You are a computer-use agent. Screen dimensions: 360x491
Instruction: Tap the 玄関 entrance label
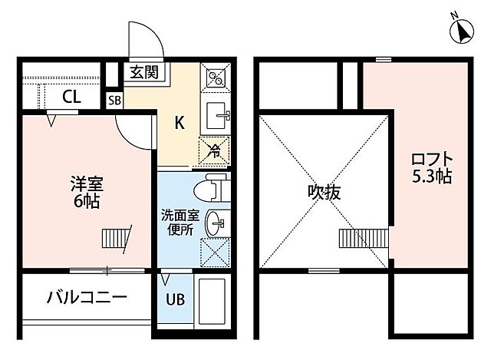pyautogui.click(x=143, y=74)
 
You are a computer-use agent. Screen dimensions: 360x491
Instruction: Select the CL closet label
pyautogui.click(x=71, y=97)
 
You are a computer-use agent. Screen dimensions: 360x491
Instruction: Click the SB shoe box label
pyautogui.click(x=115, y=100)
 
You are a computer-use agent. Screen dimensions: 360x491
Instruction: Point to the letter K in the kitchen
pyautogui.click(x=178, y=122)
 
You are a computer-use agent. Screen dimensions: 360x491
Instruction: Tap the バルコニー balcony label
pyautogui.click(x=85, y=297)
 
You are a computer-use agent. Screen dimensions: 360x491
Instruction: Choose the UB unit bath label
pyautogui.click(x=176, y=299)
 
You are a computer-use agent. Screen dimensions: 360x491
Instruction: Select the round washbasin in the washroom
pyautogui.click(x=216, y=223)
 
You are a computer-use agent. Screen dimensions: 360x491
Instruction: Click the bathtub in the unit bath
pyautogui.click(x=213, y=304)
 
